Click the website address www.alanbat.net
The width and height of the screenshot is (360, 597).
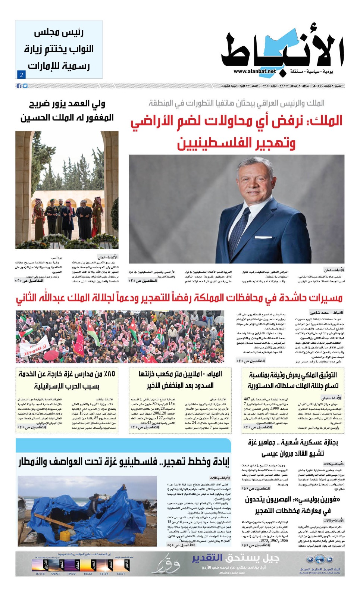coord(255,71)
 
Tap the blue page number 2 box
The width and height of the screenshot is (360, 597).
coord(21,75)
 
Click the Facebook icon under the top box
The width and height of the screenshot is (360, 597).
coord(19,86)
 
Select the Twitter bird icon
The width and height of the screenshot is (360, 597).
coord(25,86)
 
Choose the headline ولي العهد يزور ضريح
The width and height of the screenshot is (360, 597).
coord(67,111)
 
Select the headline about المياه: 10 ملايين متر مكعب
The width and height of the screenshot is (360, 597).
coord(180,379)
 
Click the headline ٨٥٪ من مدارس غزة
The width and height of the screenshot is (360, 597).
coord(67,379)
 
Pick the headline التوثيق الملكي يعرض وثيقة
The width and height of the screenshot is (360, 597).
coord(293,379)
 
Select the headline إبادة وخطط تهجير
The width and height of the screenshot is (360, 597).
coord(123,462)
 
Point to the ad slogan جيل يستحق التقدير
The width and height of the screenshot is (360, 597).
coord(235,558)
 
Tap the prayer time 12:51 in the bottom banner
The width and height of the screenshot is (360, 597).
coord(120,573)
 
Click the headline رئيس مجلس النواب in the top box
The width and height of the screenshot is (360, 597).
coord(59,49)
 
